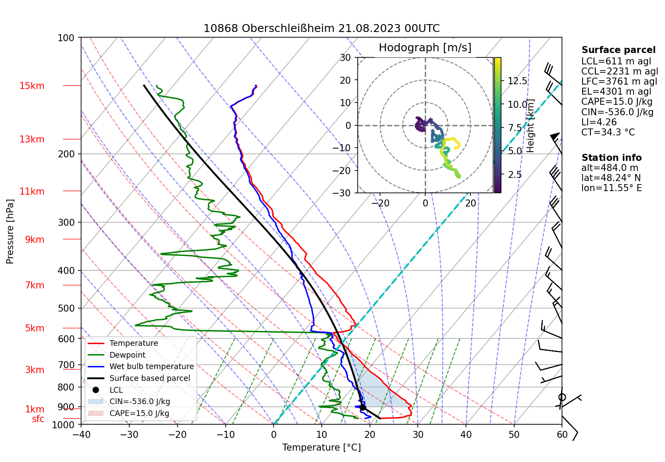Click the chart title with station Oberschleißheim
click(321, 28)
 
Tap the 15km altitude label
click(32, 86)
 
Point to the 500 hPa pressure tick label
click(66, 308)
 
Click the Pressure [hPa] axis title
click(10, 231)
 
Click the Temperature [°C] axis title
click(321, 448)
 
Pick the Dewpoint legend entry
click(127, 355)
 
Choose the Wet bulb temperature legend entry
click(151, 366)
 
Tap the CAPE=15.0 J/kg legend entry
click(139, 413)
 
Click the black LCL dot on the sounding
click(363, 408)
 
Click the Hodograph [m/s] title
click(425, 48)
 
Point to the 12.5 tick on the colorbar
click(517, 81)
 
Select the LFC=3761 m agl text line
click(619, 82)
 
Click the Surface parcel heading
click(618, 50)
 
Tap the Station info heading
click(611, 158)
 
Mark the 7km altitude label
click(35, 285)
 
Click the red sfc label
click(38, 419)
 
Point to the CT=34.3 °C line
click(608, 132)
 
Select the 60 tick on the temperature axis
click(562, 435)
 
